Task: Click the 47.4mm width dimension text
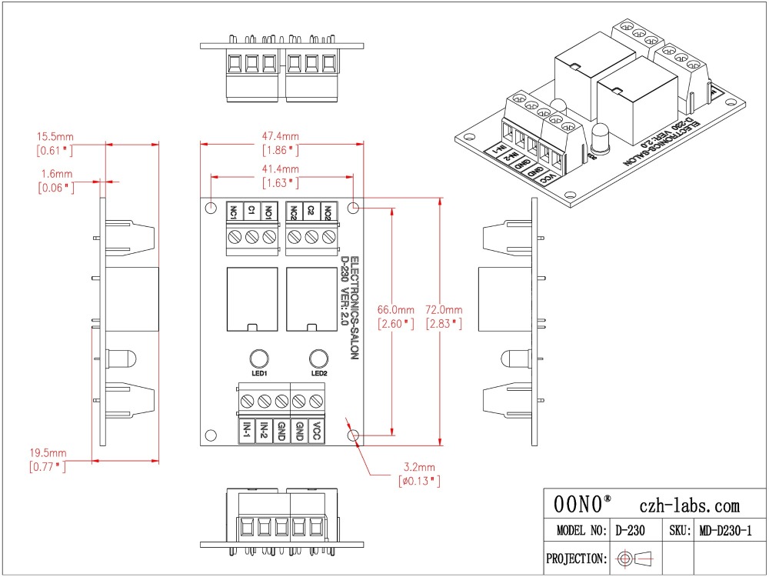click(281, 136)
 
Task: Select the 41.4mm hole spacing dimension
click(281, 169)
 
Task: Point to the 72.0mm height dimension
click(444, 309)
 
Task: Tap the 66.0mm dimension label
click(396, 309)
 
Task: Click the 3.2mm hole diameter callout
click(419, 467)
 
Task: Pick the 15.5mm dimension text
click(55, 136)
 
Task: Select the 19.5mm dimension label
click(48, 453)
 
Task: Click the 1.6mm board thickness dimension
click(56, 174)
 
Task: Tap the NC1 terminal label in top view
click(234, 212)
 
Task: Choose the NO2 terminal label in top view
click(328, 212)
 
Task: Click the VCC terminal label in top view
click(317, 431)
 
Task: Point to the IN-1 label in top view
click(247, 431)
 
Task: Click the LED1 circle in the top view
click(259, 359)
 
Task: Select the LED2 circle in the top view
click(319, 359)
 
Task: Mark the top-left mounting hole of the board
click(211, 208)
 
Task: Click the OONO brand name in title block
click(578, 504)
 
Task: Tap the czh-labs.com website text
click(689, 505)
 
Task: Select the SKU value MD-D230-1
click(725, 531)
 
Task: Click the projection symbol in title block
click(635, 558)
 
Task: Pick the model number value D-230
click(631, 531)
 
